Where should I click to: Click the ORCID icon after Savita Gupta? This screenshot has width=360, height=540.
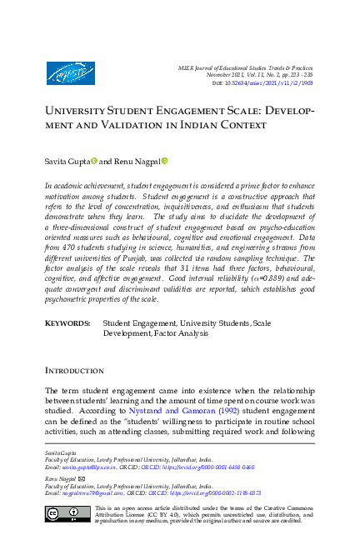(94, 160)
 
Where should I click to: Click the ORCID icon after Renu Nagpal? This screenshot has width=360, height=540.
(165, 160)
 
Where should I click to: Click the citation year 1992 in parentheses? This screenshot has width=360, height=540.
(207, 410)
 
